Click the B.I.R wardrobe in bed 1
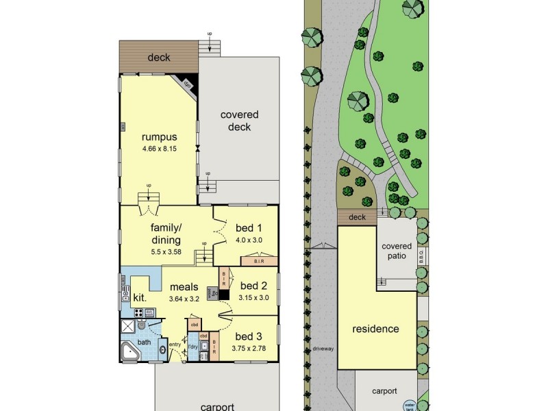pyautogui.click(x=258, y=261)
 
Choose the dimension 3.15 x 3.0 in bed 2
pyautogui.click(x=253, y=298)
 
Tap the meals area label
pyautogui.click(x=184, y=287)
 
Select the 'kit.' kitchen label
pyautogui.click(x=140, y=298)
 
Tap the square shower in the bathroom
pyautogui.click(x=128, y=325)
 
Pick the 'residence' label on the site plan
pyautogui.click(x=375, y=329)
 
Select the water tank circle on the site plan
pyautogui.click(x=410, y=406)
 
